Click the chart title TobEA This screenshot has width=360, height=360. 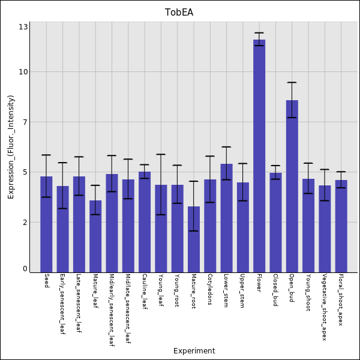pyautogui.click(x=179, y=13)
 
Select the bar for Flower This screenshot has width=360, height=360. pyautogui.click(x=259, y=156)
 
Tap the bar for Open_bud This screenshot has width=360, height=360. pyautogui.click(x=292, y=186)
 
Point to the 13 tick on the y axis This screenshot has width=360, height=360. pyautogui.click(x=23, y=27)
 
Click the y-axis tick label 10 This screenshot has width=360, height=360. pyautogui.click(x=23, y=72)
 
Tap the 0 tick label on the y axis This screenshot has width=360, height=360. pyautogui.click(x=25, y=269)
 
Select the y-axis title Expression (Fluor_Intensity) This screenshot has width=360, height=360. pyautogui.click(x=11, y=147)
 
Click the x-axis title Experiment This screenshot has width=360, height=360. pyautogui.click(x=194, y=351)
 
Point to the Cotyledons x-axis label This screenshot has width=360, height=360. pyautogui.click(x=210, y=290)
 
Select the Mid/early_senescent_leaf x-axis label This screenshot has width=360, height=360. pyautogui.click(x=112, y=310)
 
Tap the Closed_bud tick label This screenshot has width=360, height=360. pyautogui.click(x=275, y=290)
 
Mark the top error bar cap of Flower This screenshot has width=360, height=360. pyautogui.click(x=259, y=33)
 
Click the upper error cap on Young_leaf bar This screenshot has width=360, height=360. pyautogui.click(x=161, y=154)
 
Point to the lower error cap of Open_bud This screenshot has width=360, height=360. pyautogui.click(x=292, y=118)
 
